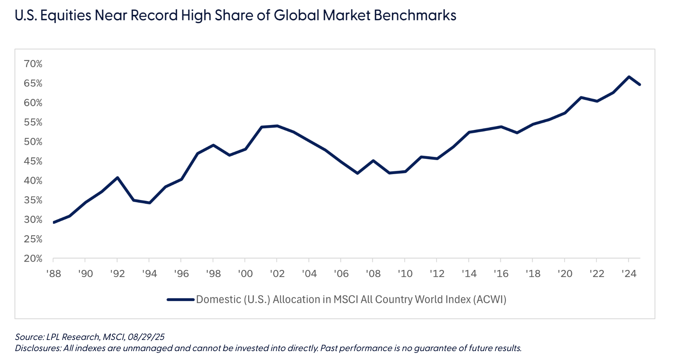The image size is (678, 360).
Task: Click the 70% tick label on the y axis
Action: [x=33, y=64]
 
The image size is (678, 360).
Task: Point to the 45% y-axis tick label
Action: [x=33, y=161]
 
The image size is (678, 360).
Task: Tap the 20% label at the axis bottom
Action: [x=33, y=259]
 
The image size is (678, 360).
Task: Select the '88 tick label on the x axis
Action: [x=53, y=274]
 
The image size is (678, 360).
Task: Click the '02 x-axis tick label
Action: [x=277, y=274]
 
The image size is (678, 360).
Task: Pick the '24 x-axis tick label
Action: [x=629, y=274]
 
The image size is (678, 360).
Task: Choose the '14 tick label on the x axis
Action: [x=469, y=274]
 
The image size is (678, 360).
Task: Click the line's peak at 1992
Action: [x=117, y=177]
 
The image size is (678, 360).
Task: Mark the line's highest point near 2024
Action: [x=629, y=77]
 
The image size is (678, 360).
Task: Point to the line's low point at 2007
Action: [x=357, y=173]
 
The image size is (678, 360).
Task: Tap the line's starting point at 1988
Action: [x=54, y=222]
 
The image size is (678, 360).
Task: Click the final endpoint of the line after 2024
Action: [x=640, y=85]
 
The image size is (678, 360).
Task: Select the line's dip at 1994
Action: [x=149, y=203]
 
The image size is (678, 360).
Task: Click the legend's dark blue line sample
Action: [x=181, y=300]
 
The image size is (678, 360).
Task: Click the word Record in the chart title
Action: [x=155, y=16]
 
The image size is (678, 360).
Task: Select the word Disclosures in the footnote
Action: [x=38, y=348]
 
